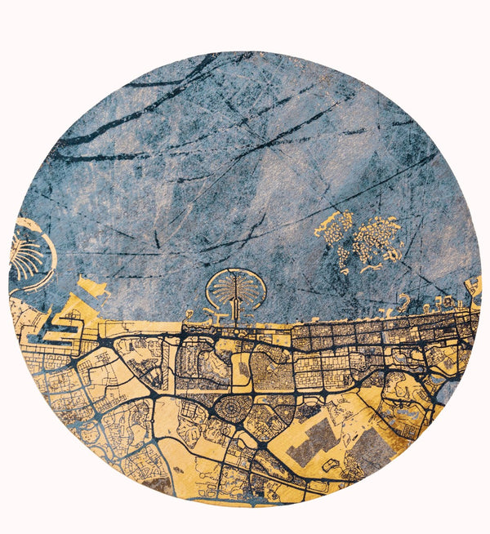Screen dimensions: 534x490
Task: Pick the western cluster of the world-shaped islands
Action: coord(336,229)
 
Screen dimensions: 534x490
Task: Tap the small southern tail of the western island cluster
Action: coord(345,264)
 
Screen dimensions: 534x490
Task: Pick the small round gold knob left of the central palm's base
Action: coord(189,314)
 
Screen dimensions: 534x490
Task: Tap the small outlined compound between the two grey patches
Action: coord(331,465)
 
